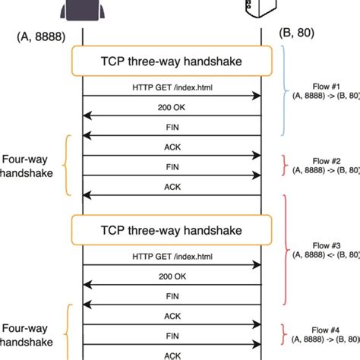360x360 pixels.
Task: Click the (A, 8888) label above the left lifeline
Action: click(39, 35)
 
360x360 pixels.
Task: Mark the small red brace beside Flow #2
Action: click(285, 166)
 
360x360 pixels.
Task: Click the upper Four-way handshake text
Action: click(28, 166)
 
